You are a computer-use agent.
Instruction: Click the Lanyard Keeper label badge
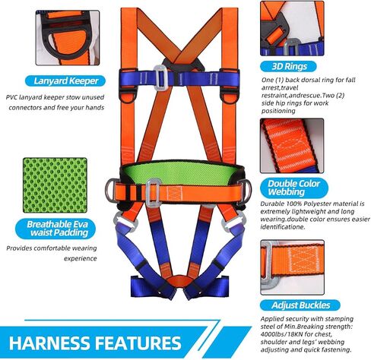pyautogui.click(x=65, y=81)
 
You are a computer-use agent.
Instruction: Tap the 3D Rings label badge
pyautogui.click(x=288, y=67)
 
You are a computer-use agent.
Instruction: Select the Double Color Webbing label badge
pyautogui.click(x=294, y=188)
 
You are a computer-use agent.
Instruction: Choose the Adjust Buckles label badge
pyautogui.click(x=300, y=305)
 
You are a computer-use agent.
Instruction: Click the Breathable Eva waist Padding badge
pyautogui.click(x=55, y=229)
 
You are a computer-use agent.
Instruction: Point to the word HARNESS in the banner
pyautogui.click(x=49, y=343)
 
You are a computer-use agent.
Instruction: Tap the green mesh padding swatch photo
pyautogui.click(x=55, y=185)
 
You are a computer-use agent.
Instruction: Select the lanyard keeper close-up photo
pyautogui.click(x=68, y=38)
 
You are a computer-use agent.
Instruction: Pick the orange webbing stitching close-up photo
pyautogui.click(x=292, y=146)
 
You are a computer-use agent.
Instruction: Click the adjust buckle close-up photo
pyautogui.click(x=292, y=267)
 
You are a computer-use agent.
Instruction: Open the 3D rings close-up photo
pyautogui.click(x=292, y=28)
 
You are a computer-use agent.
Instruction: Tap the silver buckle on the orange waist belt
pyautogui.click(x=153, y=193)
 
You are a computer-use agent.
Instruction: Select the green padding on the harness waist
pyautogui.click(x=182, y=172)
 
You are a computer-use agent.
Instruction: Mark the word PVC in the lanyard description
pyautogui.click(x=11, y=97)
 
